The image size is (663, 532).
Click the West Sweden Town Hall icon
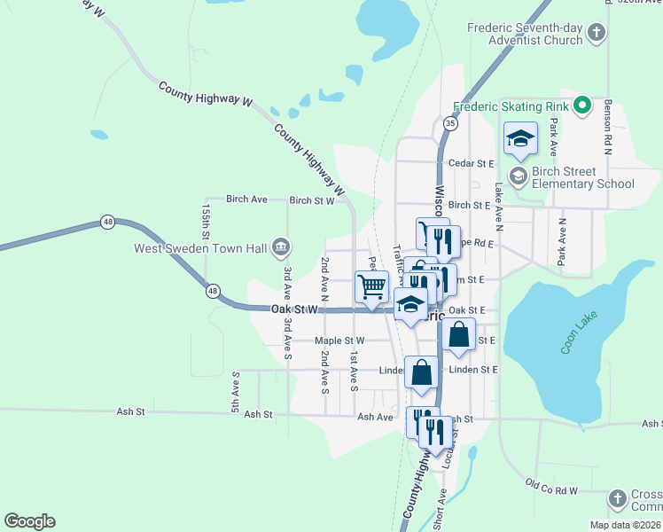(280, 246)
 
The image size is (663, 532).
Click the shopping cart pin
(371, 287)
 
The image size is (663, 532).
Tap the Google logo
(29, 521)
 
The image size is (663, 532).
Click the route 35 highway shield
(451, 123)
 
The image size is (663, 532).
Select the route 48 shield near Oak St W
(213, 290)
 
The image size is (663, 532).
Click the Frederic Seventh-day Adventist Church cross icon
(597, 34)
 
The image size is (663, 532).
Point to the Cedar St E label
(471, 163)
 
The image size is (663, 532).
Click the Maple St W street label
(339, 340)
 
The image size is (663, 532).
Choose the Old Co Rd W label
(550, 487)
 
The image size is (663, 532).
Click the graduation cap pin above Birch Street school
(521, 138)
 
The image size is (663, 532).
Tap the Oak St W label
(294, 309)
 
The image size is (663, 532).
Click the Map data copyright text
(626, 525)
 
